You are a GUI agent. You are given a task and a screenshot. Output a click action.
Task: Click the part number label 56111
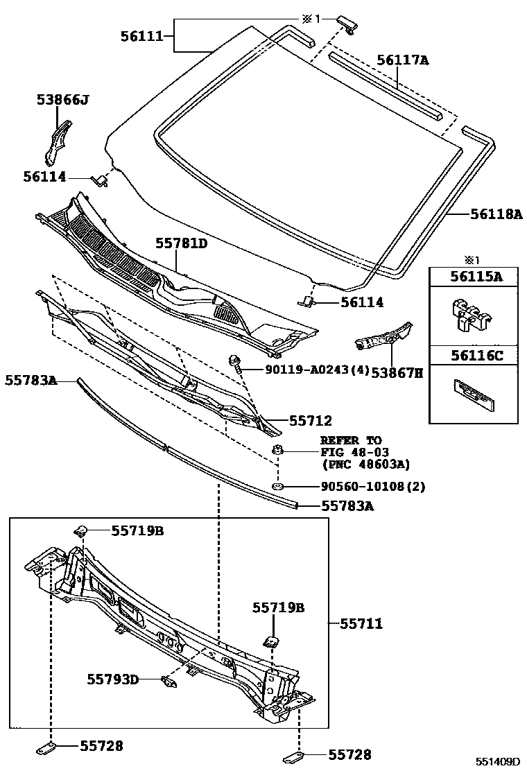(x=143, y=36)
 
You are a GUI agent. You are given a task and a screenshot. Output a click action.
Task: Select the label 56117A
(x=403, y=60)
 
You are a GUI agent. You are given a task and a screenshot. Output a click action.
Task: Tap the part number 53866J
(x=62, y=101)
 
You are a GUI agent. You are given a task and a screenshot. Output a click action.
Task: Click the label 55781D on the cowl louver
(x=181, y=244)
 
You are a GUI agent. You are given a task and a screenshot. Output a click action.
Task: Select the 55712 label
(x=310, y=420)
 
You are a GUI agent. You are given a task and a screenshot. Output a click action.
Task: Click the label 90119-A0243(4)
(x=317, y=370)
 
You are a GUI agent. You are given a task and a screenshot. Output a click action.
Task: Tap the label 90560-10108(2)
(x=373, y=487)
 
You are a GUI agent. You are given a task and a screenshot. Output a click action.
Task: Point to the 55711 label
(x=361, y=624)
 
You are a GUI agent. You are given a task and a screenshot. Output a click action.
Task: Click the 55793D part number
(x=112, y=679)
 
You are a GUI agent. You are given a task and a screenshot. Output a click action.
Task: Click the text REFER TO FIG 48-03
(x=351, y=447)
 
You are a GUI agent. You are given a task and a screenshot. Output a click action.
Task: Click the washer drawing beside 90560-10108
(x=277, y=487)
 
